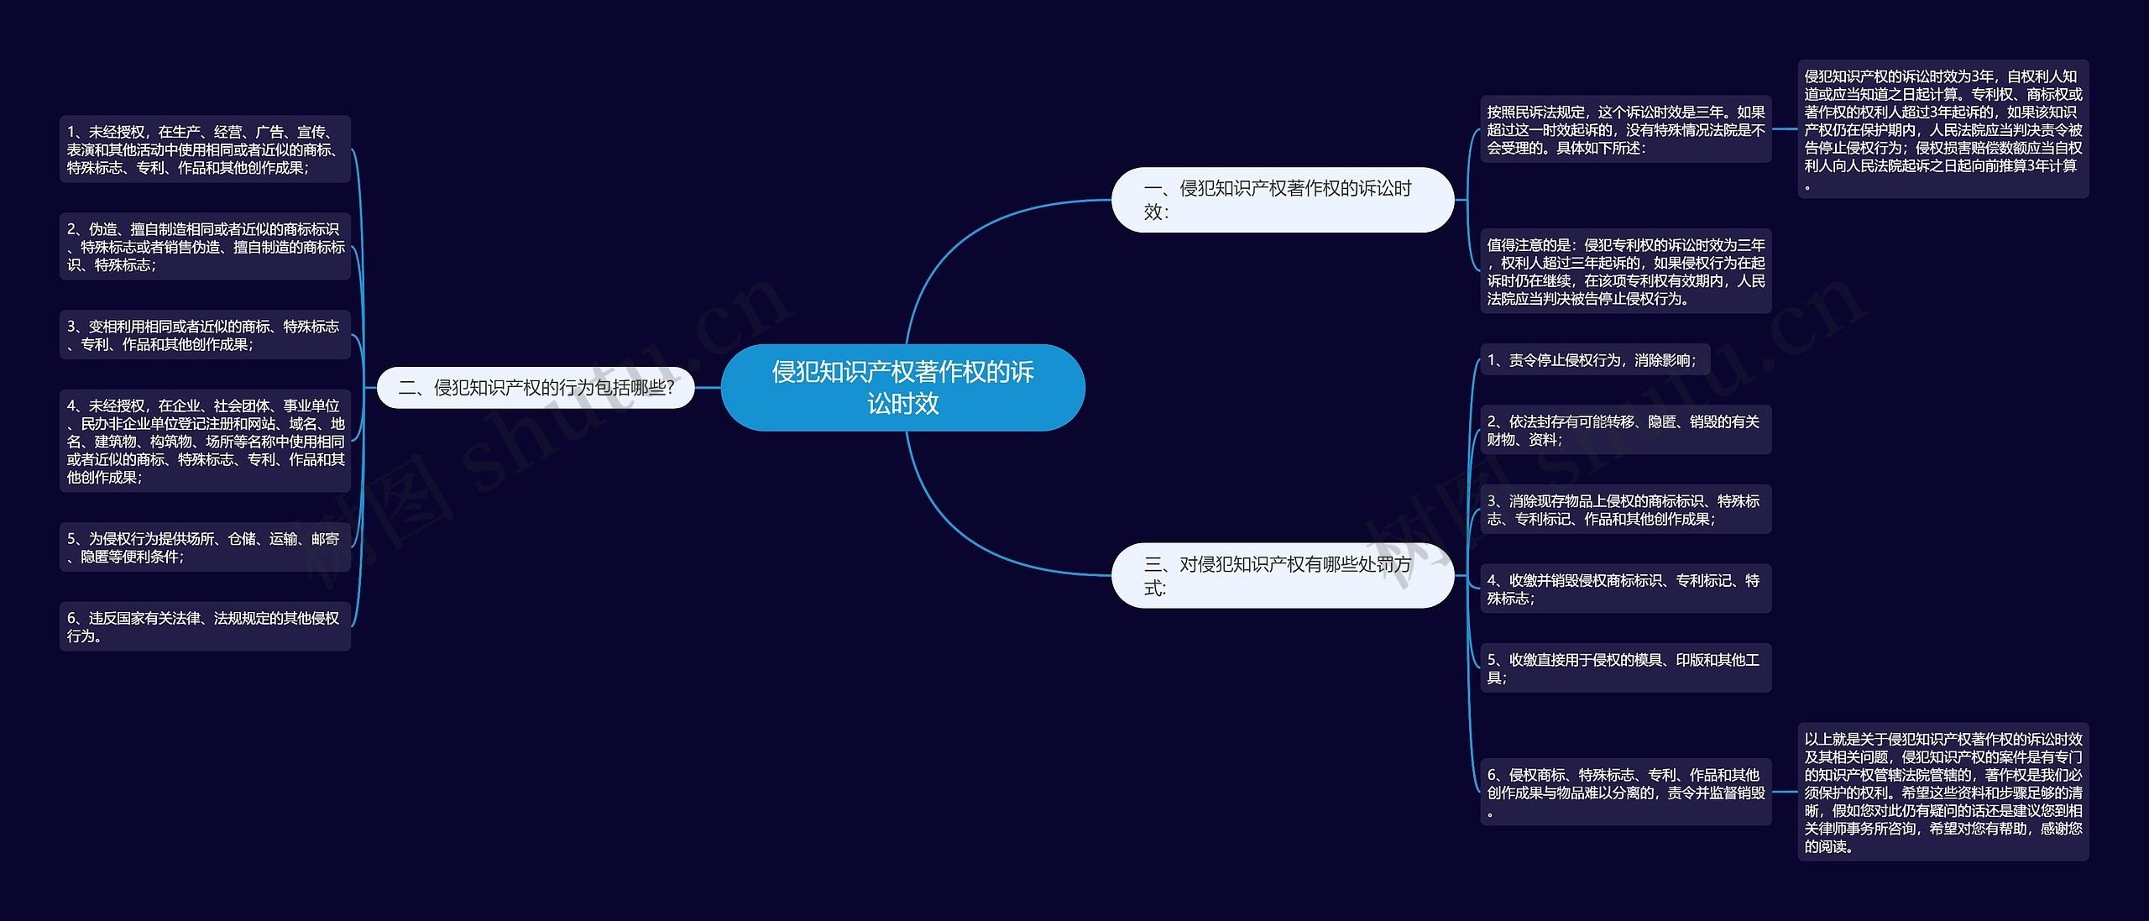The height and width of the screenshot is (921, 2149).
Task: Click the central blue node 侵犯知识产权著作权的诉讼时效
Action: [x=902, y=387]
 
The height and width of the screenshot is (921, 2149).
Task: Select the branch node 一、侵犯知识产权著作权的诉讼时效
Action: [x=1282, y=200]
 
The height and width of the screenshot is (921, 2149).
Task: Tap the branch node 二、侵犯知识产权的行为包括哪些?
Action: [x=536, y=387]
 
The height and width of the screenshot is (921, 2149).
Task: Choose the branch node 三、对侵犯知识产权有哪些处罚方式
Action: [x=1282, y=575]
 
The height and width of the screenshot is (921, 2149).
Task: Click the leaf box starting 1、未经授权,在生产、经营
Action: [x=205, y=149]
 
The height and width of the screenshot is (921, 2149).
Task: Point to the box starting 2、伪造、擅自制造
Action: [x=205, y=247]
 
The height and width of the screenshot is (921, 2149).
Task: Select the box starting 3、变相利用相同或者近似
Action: [x=205, y=335]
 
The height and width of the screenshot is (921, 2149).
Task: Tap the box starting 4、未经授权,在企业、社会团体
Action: [x=205, y=442]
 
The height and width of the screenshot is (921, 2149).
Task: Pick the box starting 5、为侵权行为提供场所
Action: [x=205, y=547]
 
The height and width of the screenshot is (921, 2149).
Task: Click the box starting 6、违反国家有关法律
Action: [x=205, y=626]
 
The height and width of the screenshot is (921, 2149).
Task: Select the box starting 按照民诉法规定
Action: [x=1625, y=129]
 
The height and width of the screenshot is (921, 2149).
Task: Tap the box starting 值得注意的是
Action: [x=1625, y=271]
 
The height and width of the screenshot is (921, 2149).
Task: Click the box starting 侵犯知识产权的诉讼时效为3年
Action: [x=1942, y=129]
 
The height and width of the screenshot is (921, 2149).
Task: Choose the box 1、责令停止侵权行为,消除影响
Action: [x=1594, y=360]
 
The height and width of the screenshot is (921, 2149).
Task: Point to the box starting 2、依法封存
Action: [x=1625, y=430]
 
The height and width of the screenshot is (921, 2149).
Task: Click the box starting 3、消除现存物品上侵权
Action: [x=1625, y=510]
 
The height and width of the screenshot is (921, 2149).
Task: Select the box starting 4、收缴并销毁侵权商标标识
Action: [x=1625, y=589]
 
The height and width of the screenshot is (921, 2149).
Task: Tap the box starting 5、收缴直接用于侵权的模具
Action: [x=1625, y=668]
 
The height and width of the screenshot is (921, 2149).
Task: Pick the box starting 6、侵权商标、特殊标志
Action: [x=1625, y=792]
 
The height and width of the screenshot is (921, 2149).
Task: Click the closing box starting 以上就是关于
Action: [x=1942, y=792]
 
